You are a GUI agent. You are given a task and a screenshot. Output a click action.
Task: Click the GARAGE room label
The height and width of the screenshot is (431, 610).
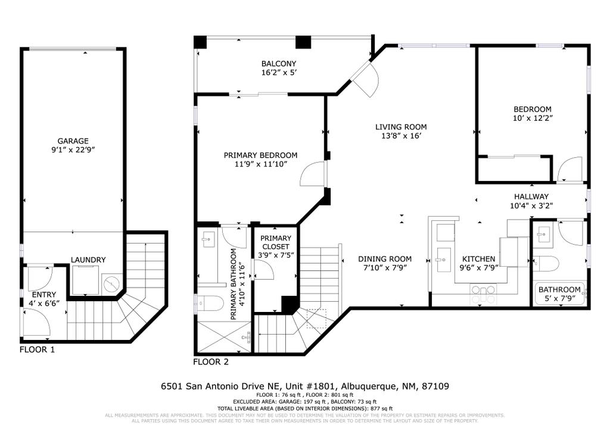click(x=73, y=141)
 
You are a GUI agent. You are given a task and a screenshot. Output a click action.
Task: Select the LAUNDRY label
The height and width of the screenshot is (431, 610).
click(x=88, y=260)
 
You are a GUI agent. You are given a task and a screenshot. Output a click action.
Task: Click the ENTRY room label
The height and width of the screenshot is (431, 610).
click(x=43, y=295)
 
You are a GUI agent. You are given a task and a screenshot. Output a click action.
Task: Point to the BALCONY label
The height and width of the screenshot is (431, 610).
click(x=278, y=64)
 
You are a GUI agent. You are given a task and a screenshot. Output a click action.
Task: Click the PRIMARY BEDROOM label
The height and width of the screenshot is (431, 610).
click(x=260, y=155)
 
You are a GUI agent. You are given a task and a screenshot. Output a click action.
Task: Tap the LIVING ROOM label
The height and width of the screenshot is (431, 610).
click(x=400, y=127)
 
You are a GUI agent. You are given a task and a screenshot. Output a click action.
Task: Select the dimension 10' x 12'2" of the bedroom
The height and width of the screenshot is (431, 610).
click(x=533, y=118)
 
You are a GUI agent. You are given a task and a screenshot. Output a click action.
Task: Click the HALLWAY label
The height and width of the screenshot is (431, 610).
click(x=531, y=196)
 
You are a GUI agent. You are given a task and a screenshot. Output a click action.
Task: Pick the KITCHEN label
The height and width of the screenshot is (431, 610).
click(x=479, y=259)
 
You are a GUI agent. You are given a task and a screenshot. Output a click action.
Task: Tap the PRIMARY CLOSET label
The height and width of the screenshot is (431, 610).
click(x=275, y=242)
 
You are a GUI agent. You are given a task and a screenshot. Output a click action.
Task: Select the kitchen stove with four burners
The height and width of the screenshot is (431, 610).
click(x=483, y=291)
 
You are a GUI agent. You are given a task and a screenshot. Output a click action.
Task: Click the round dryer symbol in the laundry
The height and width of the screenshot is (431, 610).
click(x=111, y=284)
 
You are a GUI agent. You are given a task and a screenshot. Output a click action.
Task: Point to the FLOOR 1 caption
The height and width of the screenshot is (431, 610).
click(x=38, y=349)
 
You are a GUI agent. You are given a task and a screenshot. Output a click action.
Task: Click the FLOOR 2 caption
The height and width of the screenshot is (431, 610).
click(x=210, y=361)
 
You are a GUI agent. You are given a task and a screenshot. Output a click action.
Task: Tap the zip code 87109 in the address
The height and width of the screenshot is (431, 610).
click(x=434, y=386)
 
